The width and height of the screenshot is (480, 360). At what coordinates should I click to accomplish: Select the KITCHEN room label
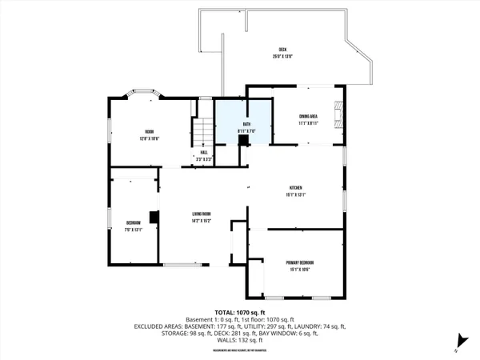295,188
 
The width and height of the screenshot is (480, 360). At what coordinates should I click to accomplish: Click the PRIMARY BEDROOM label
300,262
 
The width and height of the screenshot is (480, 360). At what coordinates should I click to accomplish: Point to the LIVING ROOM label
201,214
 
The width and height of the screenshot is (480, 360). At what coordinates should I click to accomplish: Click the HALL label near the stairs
205,154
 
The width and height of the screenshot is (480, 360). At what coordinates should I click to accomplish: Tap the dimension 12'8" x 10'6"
148,138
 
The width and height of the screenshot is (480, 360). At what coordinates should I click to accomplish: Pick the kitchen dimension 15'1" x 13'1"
295,194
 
